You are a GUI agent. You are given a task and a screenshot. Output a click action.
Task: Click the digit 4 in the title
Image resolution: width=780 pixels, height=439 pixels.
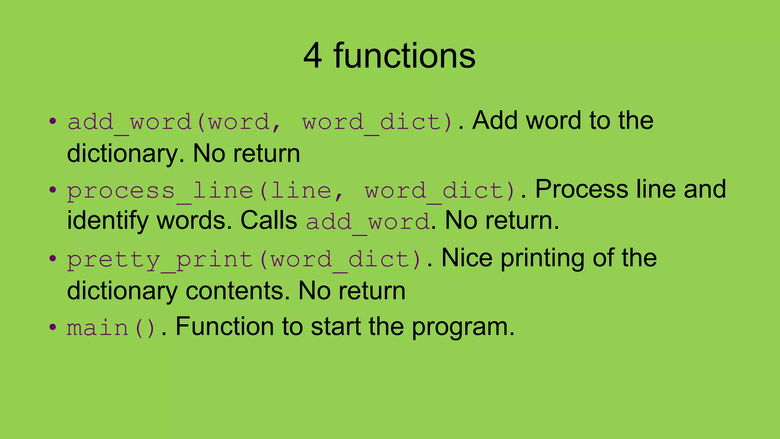coord(312,56)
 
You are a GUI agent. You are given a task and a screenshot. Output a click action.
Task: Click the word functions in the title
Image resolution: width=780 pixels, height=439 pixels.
coord(404,56)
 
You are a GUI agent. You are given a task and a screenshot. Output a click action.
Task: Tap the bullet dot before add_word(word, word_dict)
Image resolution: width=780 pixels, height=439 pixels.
coord(53,122)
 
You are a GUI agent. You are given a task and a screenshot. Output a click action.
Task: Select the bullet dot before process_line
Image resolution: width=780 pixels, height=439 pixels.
coord(53,190)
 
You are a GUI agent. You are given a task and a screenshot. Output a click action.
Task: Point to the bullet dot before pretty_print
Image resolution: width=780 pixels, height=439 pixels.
coord(53,259)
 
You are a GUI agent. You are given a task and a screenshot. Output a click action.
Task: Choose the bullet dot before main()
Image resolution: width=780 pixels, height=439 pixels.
coord(53,327)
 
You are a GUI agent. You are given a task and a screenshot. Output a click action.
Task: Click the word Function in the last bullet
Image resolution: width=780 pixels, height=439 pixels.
coord(224,327)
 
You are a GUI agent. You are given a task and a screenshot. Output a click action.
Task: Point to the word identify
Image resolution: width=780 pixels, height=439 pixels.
coord(108,221)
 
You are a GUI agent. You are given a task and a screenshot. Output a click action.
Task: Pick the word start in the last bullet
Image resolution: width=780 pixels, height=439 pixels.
coord(335,327)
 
